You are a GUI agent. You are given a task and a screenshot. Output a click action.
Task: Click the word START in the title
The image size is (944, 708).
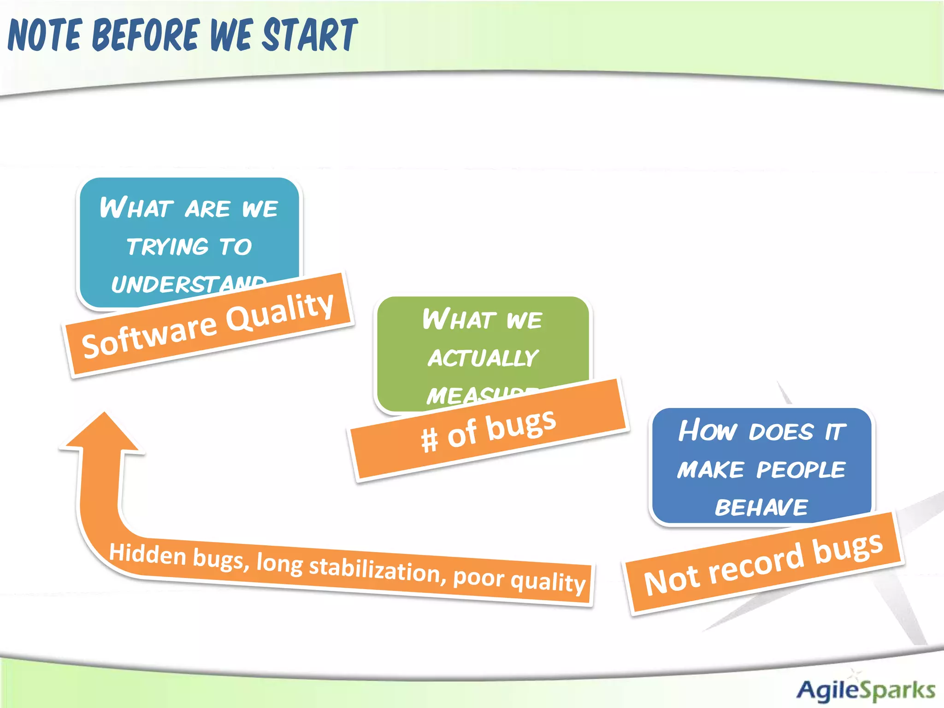pos(310,35)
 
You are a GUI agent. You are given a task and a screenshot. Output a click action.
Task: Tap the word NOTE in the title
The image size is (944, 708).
pos(45,35)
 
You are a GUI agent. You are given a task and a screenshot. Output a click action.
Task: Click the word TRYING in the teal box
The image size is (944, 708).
pos(168,247)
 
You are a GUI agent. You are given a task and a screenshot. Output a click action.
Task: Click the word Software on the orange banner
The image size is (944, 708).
pos(149,335)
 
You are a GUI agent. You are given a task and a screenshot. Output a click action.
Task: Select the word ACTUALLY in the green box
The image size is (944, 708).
pos(483,358)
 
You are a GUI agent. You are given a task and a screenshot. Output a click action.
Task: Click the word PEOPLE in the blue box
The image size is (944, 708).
pos(801,470)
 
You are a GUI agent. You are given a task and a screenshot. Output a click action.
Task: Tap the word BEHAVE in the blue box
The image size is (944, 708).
pos(761,507)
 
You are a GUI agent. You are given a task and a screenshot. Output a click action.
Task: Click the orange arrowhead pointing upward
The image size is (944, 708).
pos(103,433)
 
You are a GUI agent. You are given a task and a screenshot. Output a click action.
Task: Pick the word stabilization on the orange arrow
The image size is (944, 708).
pos(374,570)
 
